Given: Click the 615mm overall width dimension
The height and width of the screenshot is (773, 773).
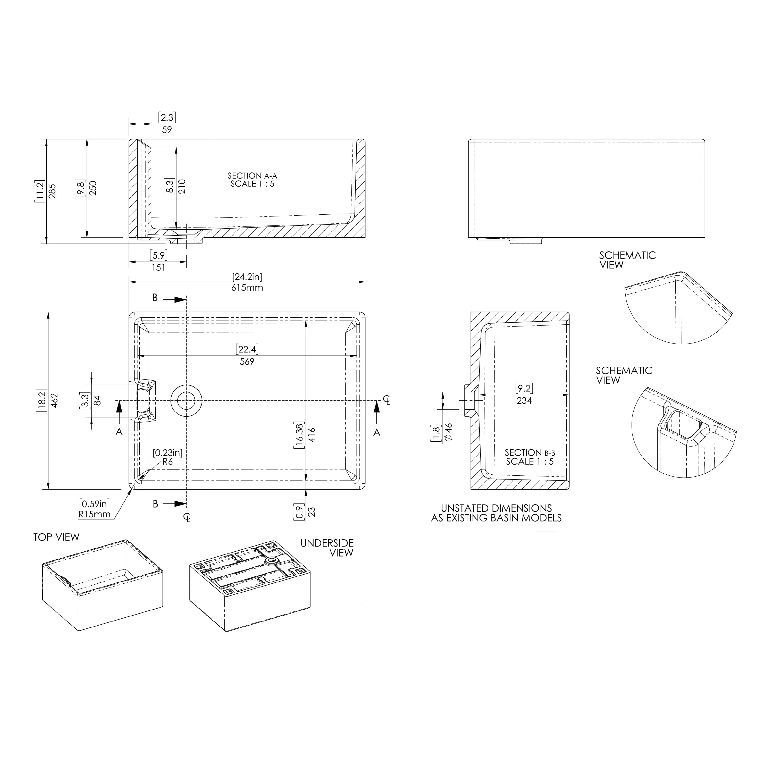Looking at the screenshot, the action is click(247, 288).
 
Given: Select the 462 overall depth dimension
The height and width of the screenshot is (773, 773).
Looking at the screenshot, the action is click(55, 400).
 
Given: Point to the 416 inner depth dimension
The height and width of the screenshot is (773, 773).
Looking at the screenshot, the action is click(312, 435).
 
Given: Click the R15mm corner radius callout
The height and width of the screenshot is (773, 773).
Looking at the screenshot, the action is click(94, 514).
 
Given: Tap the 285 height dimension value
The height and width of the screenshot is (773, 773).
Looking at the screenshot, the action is click(52, 191).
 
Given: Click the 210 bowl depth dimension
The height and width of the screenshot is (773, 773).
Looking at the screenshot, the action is click(182, 187).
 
